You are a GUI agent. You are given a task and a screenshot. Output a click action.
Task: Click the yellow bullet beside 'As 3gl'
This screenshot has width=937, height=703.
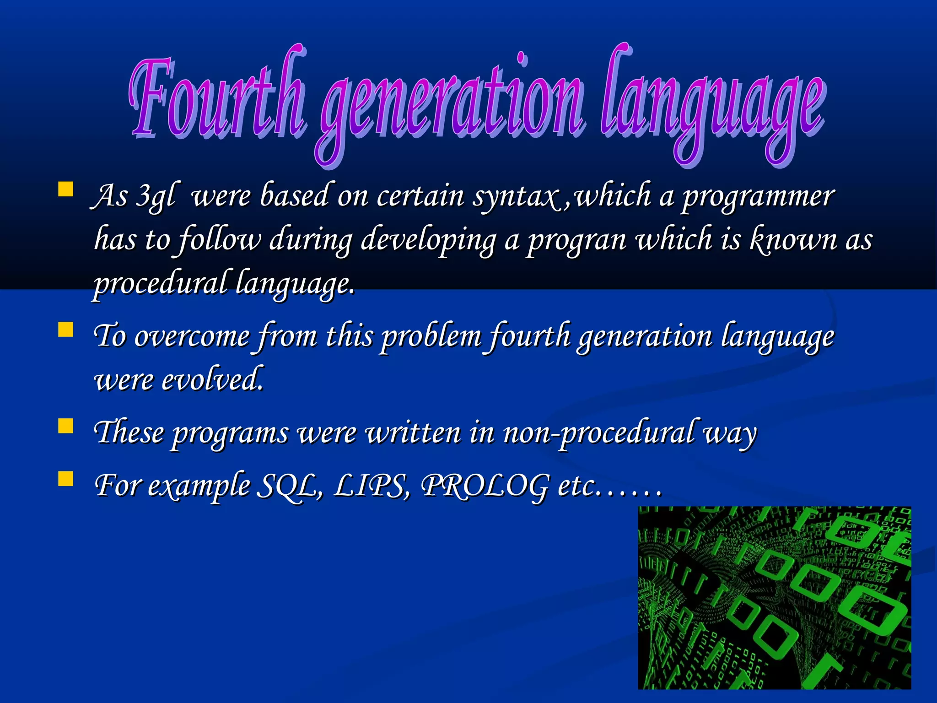click(66, 189)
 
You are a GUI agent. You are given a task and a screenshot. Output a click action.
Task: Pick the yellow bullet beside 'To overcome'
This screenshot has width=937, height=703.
click(66, 330)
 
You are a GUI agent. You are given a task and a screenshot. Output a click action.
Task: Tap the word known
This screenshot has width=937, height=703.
click(794, 239)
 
